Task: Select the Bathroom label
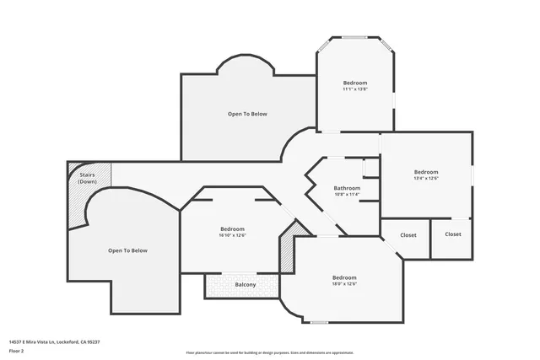pyautogui.click(x=347, y=187)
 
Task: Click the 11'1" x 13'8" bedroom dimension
pyautogui.click(x=355, y=89)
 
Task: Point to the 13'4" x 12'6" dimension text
pyautogui.click(x=426, y=178)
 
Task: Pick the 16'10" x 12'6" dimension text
pyautogui.click(x=232, y=235)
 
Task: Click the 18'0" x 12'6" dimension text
pyautogui.click(x=344, y=284)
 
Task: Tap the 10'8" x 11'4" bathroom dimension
pyautogui.click(x=347, y=195)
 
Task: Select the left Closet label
pyautogui.click(x=408, y=234)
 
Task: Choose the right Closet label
pyautogui.click(x=453, y=234)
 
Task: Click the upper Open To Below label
pyautogui.click(x=247, y=114)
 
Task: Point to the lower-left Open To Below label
pyautogui.click(x=127, y=250)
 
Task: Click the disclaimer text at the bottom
pyautogui.click(x=270, y=352)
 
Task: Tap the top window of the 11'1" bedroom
pyautogui.click(x=354, y=37)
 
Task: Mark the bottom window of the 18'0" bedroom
pyautogui.click(x=319, y=322)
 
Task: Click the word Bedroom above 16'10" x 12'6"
pyautogui.click(x=232, y=228)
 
